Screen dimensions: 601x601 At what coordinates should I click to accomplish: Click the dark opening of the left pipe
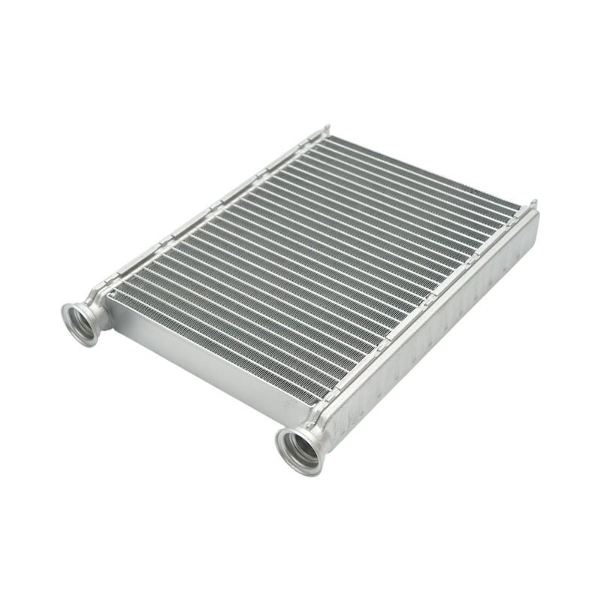point(78,322)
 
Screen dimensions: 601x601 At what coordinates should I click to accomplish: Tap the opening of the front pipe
point(300,448)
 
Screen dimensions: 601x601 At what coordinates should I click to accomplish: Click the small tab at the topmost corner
point(327,130)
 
